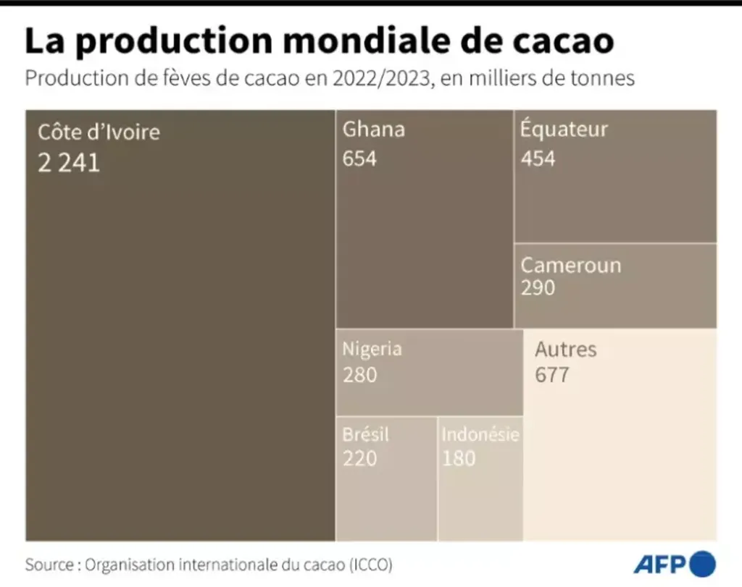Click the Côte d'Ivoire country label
[x=99, y=132]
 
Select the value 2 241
[x=69, y=164]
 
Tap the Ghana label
[x=373, y=130]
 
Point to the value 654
[x=359, y=158]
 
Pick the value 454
[x=538, y=158]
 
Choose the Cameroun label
[x=571, y=265]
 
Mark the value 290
[x=538, y=287]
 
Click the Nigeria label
[x=372, y=349]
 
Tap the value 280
[x=359, y=375]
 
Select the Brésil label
[x=365, y=434]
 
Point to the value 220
[x=359, y=458]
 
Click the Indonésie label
[x=480, y=434]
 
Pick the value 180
[x=459, y=458]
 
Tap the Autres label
[x=565, y=350]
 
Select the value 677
[x=551, y=375]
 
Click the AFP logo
[x=674, y=563]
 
